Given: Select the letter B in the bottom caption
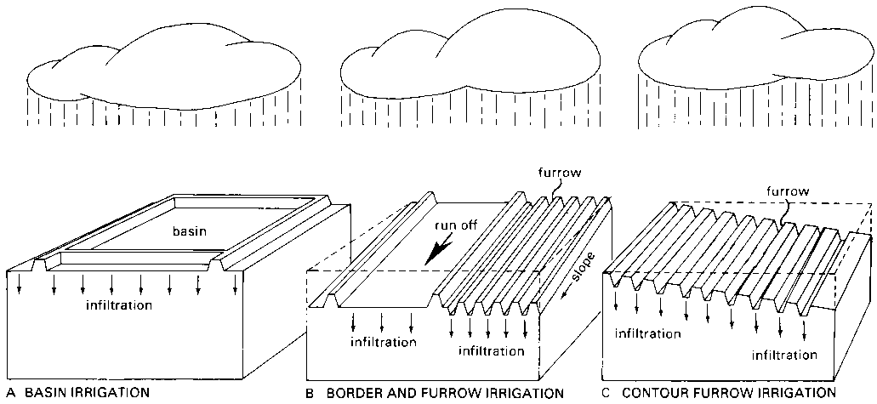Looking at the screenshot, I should [x=308, y=393].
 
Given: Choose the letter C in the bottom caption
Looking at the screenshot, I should [x=605, y=393].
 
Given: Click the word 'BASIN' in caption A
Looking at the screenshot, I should [x=47, y=393].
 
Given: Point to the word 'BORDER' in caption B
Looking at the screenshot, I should [x=352, y=393].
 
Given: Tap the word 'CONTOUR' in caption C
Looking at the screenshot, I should [x=655, y=393].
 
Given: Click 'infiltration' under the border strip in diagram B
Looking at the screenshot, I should [x=383, y=343].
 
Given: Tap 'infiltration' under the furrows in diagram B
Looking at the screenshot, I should [x=491, y=350].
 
